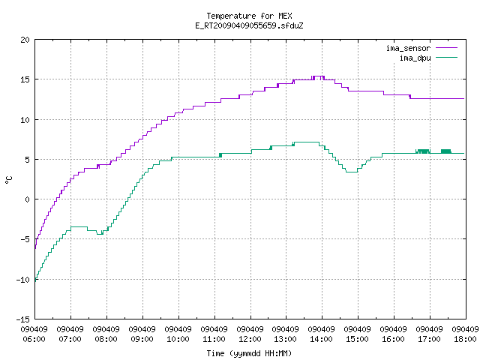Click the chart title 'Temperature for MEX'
point(249,16)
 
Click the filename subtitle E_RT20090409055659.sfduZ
point(249,25)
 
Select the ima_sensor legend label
point(408,48)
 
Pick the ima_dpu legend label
point(415,58)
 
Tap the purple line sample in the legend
point(447,48)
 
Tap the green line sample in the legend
point(447,57)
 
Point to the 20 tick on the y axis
point(25,40)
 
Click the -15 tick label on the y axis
point(23,319)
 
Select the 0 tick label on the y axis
point(27,199)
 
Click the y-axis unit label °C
point(8,180)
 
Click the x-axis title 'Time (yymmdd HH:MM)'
point(249,353)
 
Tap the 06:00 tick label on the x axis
point(34,339)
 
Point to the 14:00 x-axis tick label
point(322,339)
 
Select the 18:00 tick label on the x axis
point(465,339)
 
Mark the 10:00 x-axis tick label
point(178,339)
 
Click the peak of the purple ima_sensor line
point(318,76)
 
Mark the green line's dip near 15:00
point(352,172)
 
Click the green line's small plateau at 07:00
point(79,226)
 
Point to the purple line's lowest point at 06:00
point(35,248)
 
